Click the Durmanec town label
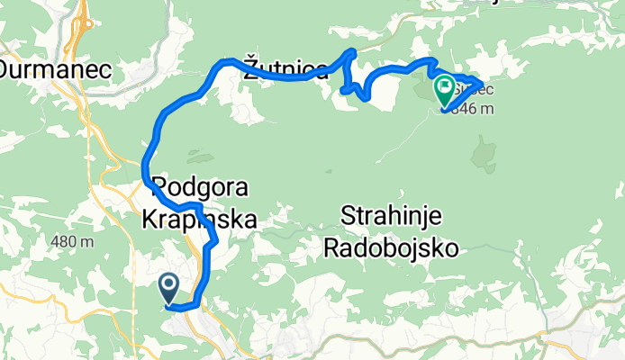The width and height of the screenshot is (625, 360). pyautogui.click(x=42, y=68)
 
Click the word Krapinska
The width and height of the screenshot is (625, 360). pyautogui.click(x=199, y=219)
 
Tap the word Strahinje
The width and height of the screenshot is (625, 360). pyautogui.click(x=392, y=215)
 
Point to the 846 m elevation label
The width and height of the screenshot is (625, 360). pyautogui.click(x=469, y=110)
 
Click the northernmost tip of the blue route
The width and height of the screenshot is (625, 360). pyautogui.click(x=352, y=51)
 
